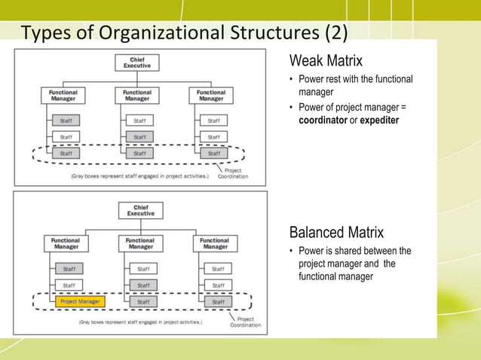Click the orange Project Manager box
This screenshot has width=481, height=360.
[80, 301]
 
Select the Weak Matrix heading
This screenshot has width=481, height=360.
[326, 60]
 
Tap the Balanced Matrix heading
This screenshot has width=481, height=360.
[336, 232]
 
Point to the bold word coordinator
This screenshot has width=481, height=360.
[324, 121]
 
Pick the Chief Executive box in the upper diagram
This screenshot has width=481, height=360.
[136, 63]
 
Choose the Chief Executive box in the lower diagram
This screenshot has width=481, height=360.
[139, 212]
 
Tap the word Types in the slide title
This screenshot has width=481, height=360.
[47, 34]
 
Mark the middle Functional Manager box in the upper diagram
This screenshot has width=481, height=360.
[136, 96]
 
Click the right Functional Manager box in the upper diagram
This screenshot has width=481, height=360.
[210, 96]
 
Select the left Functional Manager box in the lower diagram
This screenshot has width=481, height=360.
[66, 243]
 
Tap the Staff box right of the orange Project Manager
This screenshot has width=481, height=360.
[140, 301]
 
